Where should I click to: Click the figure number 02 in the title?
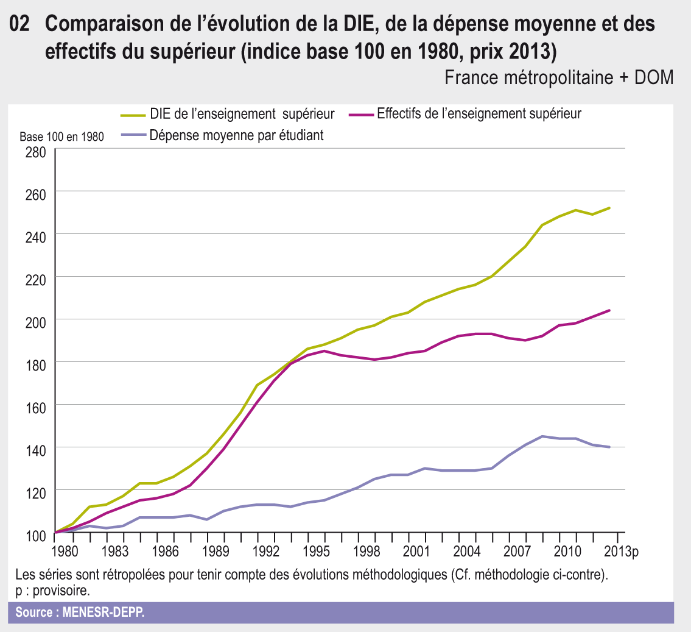coord(19,24)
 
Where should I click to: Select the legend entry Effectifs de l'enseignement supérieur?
coord(479,114)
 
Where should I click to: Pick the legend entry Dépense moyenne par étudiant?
coord(236,135)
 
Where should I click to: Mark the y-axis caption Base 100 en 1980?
coord(61,137)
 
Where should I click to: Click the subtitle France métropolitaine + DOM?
coord(559,77)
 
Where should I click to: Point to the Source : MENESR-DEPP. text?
coord(80,612)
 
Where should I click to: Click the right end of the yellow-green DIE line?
coord(610,208)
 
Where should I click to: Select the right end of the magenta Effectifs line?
coord(610,310)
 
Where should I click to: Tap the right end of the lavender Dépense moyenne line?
coord(610,447)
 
